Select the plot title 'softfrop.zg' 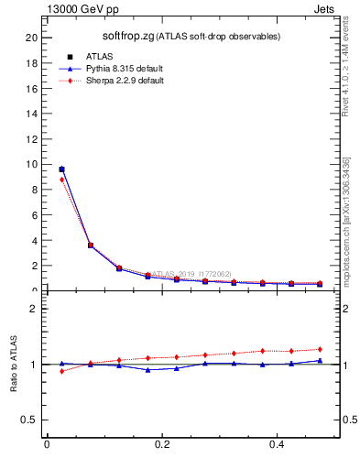pos(126,36)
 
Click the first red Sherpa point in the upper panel pos(61,180)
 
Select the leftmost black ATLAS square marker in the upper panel pos(61,169)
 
